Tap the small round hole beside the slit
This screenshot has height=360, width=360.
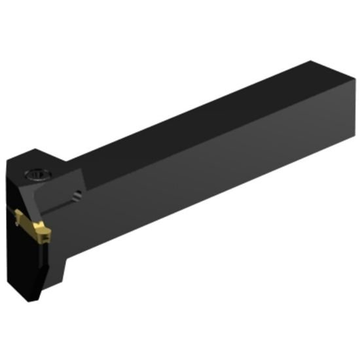(x=79, y=194)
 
